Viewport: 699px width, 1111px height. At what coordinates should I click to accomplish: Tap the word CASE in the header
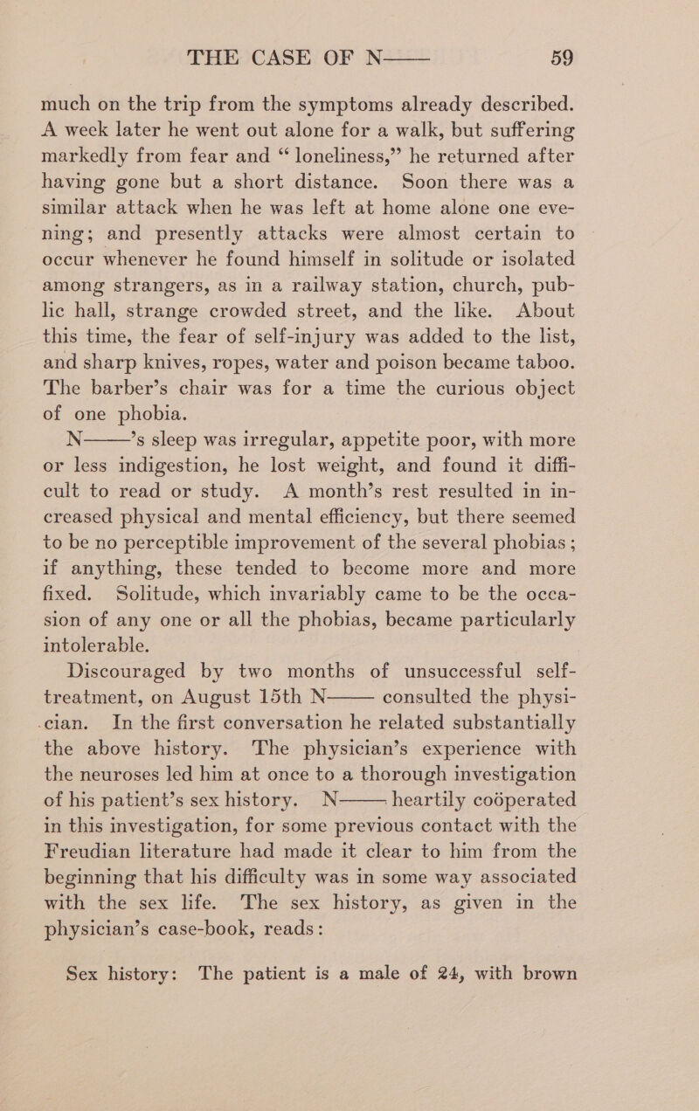pyautogui.click(x=308, y=38)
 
